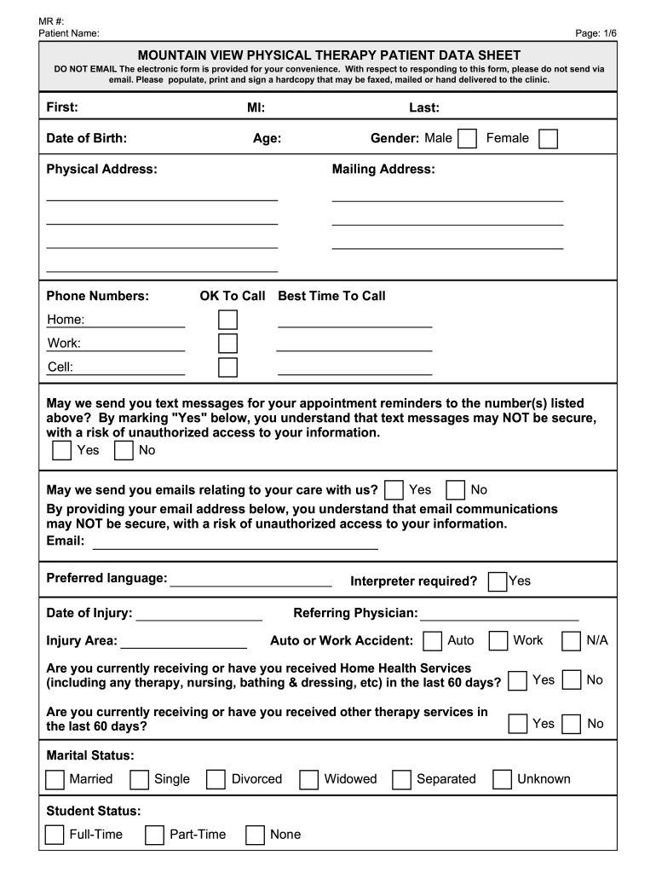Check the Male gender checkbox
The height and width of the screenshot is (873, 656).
click(x=467, y=139)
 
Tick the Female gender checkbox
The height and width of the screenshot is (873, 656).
click(x=549, y=139)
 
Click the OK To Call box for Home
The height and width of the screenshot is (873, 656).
click(x=227, y=320)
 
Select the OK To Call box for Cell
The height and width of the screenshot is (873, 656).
click(x=227, y=367)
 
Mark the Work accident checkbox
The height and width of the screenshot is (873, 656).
click(x=498, y=641)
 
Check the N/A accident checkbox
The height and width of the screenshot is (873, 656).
click(x=572, y=641)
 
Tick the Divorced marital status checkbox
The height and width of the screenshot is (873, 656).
click(x=216, y=779)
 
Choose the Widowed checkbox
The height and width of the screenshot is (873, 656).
click(x=309, y=779)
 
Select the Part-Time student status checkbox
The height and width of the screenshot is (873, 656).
click(x=154, y=835)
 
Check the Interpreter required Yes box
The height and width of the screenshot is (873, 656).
click(x=498, y=581)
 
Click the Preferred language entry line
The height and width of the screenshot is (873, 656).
click(x=250, y=583)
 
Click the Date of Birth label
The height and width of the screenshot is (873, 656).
click(x=87, y=138)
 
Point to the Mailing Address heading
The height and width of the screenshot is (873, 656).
click(x=383, y=170)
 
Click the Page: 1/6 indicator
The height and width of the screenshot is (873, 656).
click(x=596, y=32)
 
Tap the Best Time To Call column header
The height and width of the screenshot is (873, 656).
click(x=331, y=296)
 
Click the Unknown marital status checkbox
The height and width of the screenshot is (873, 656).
click(x=503, y=779)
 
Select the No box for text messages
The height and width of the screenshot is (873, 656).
click(x=124, y=450)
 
